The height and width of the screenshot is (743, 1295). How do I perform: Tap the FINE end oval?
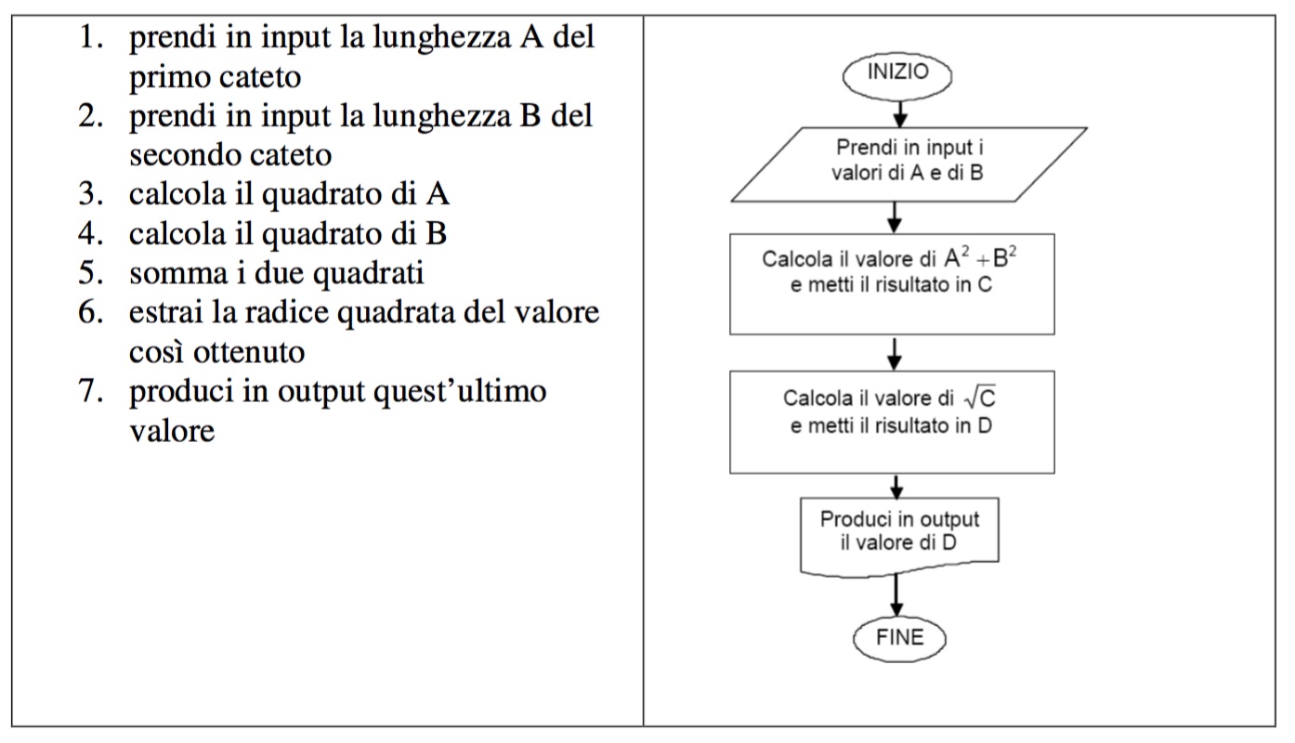pos(899,638)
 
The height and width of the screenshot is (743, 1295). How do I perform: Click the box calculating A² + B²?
pos(891,283)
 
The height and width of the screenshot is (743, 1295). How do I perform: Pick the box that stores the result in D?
pos(892,423)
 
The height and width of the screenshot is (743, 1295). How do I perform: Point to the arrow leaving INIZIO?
pos(897,111)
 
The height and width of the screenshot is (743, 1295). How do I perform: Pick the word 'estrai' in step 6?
pos(166,313)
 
